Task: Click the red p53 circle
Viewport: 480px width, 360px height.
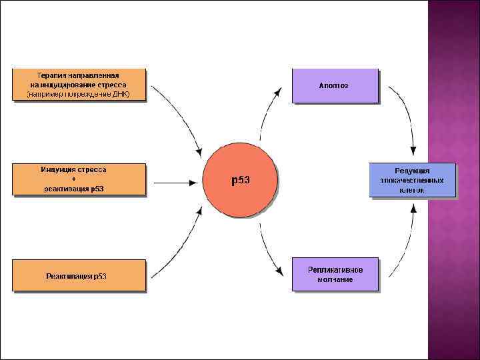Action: point(239,181)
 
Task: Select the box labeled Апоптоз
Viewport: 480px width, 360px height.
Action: point(335,85)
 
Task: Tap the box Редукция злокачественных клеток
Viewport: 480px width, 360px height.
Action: point(412,180)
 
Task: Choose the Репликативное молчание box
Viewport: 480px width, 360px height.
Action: point(335,275)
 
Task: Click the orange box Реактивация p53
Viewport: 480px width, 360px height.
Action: point(79,275)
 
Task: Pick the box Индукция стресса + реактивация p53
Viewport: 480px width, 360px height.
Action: point(79,179)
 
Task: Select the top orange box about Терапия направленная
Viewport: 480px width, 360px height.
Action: point(79,85)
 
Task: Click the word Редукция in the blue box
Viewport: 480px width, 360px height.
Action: point(412,171)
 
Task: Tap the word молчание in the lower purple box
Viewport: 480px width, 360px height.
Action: point(335,280)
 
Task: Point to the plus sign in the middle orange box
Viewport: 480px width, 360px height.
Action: point(73,179)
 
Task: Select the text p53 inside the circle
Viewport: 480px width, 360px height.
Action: point(240,181)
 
